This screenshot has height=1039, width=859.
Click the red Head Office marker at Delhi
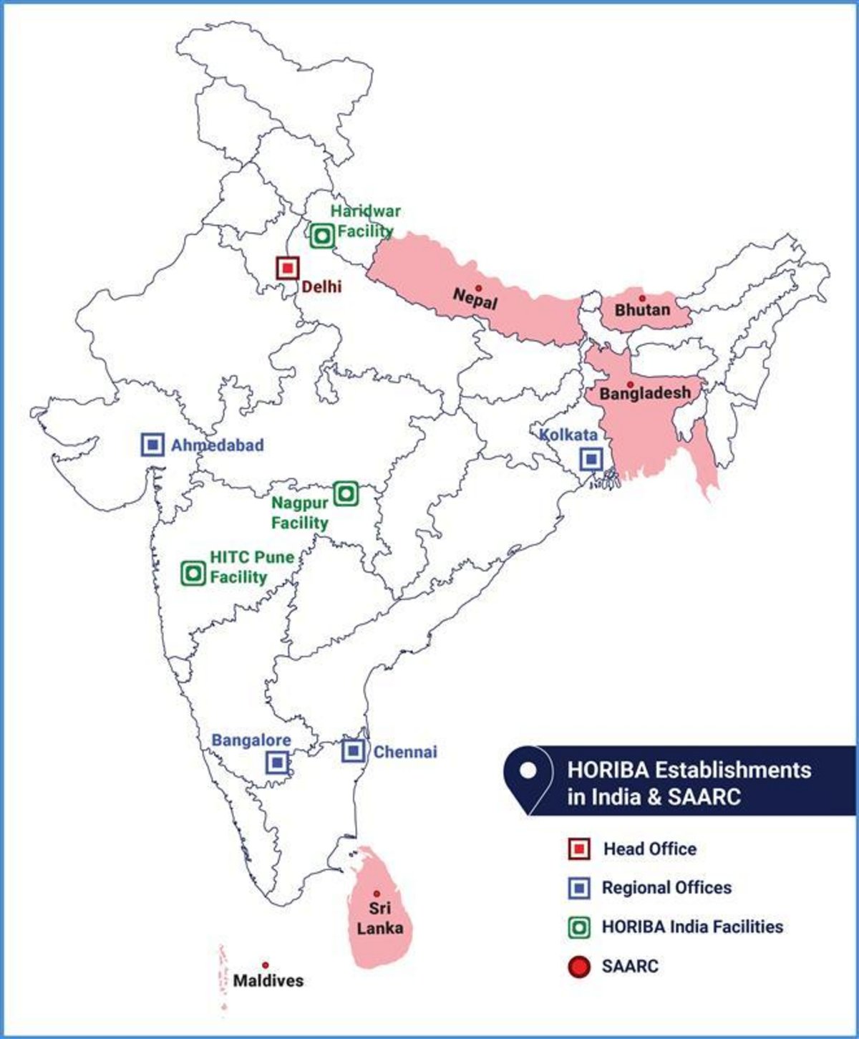tap(287, 268)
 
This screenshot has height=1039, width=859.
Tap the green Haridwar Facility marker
tap(321, 235)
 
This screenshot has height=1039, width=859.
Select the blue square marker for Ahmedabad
tap(152, 445)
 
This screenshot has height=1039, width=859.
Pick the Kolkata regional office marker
tap(591, 459)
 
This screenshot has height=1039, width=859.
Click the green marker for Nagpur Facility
tap(346, 493)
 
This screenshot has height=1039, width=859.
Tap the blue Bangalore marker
tap(278, 762)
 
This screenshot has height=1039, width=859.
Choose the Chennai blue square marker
tap(353, 750)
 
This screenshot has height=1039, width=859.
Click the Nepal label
tap(475, 299)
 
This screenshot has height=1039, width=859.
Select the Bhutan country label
tap(643, 310)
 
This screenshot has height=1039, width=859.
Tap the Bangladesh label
tap(645, 393)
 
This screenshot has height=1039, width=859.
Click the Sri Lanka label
tap(379, 918)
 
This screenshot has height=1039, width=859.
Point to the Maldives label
tap(268, 980)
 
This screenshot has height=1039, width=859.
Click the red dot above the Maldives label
tap(265, 965)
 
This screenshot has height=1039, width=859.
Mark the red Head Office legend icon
tap(578, 849)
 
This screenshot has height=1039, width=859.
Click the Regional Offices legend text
tap(666, 888)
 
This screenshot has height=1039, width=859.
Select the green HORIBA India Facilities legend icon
tap(578, 928)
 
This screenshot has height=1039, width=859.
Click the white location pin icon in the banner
tap(528, 772)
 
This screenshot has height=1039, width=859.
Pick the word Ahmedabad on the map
tap(218, 445)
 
